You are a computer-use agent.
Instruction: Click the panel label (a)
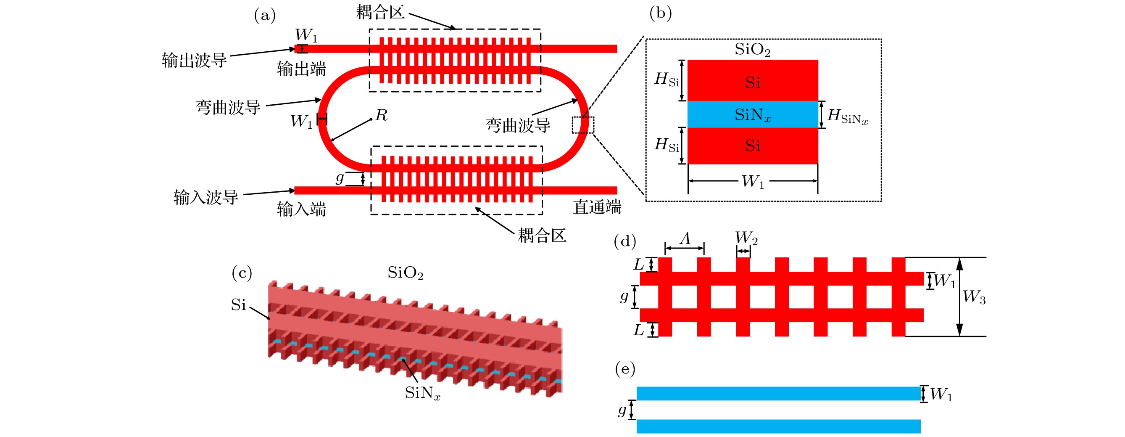tap(265, 16)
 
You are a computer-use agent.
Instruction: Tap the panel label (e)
tap(625, 369)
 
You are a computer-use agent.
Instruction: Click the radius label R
tap(381, 115)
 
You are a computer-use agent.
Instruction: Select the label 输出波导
tap(194, 60)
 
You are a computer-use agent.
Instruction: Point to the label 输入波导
tap(206, 198)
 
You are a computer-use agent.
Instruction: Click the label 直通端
tap(597, 207)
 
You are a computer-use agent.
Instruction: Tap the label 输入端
tap(301, 209)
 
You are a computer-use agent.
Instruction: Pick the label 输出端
tap(301, 69)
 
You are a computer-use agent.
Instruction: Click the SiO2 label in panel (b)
tap(753, 49)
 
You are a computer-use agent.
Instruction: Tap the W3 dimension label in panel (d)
tap(974, 297)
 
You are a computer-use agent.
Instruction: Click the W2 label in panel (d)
tap(746, 238)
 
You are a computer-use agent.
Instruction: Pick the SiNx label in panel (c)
tap(422, 393)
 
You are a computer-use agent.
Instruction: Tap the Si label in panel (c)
tap(238, 305)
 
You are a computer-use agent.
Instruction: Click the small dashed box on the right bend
tap(583, 125)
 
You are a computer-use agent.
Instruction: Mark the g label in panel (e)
tap(622, 410)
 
